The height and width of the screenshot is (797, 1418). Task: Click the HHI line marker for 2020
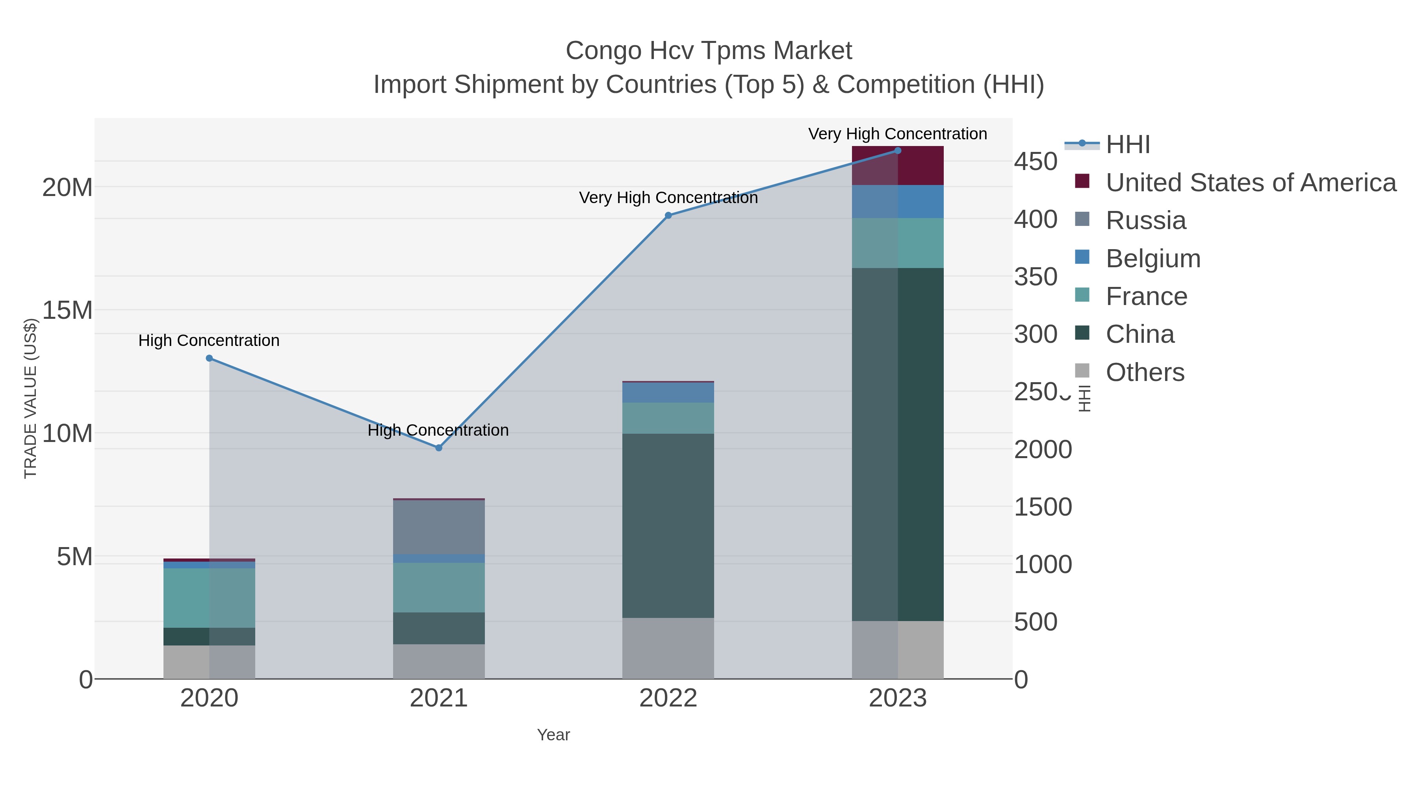(209, 358)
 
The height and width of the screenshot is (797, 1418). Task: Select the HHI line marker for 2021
(439, 448)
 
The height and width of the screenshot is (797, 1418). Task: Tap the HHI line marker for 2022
(668, 216)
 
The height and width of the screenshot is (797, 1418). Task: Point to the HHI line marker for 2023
(898, 151)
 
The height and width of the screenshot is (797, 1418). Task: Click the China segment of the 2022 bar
(668, 525)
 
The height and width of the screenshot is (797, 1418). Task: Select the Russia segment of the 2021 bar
(439, 527)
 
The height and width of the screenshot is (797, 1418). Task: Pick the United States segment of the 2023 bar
(898, 166)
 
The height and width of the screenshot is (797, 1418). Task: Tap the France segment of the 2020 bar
(209, 598)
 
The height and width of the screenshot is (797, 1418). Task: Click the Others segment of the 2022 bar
(668, 648)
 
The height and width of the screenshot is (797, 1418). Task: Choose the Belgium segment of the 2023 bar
(898, 201)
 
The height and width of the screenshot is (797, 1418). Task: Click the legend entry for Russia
(1145, 220)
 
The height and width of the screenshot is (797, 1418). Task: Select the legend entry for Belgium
(1153, 259)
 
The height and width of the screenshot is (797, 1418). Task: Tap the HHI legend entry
(1127, 145)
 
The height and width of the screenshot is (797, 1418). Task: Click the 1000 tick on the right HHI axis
(1043, 564)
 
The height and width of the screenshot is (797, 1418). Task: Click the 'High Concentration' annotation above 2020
(209, 340)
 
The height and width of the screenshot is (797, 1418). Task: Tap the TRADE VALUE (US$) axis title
(31, 398)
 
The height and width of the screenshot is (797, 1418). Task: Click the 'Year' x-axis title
(553, 735)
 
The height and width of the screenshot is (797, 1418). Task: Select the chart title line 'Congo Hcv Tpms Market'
(709, 51)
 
